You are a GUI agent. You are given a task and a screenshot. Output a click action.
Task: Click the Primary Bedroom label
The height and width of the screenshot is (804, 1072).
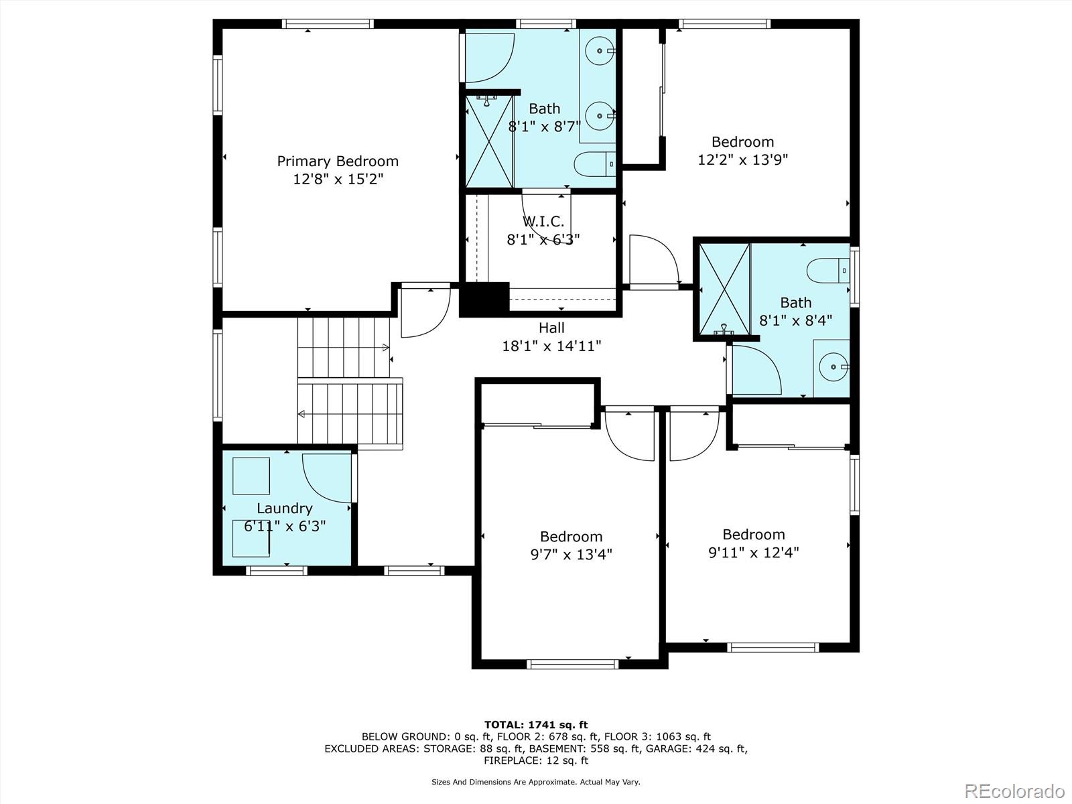click(x=338, y=161)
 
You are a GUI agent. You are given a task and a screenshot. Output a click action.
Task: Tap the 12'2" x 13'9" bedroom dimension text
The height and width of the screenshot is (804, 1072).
click(x=742, y=159)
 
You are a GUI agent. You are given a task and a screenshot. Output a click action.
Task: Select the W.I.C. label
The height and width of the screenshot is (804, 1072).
click(x=543, y=221)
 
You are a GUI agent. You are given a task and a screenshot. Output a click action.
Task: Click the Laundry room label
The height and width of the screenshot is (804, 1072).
click(x=285, y=509)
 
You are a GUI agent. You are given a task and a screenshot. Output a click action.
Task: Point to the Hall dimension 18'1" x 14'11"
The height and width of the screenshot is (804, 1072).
click(x=551, y=346)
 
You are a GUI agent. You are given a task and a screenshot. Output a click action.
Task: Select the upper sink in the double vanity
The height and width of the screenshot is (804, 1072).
click(x=598, y=50)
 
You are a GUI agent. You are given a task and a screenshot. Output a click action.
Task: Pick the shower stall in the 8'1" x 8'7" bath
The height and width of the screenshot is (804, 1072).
click(x=489, y=141)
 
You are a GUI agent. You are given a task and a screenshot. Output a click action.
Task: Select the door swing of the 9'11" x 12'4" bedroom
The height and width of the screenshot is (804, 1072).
click(x=693, y=435)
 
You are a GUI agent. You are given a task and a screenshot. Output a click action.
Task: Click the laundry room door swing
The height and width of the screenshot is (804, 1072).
click(x=326, y=478)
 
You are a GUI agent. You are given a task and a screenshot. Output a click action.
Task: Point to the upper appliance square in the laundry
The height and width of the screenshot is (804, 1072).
click(x=251, y=476)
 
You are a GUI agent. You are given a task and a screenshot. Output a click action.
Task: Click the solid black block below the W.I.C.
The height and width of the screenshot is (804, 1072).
click(x=484, y=299)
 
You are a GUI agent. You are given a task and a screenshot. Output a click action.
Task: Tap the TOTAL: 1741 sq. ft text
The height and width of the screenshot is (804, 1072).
click(x=535, y=724)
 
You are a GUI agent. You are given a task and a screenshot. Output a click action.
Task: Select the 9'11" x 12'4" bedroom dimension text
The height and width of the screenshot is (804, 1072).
click(x=753, y=553)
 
